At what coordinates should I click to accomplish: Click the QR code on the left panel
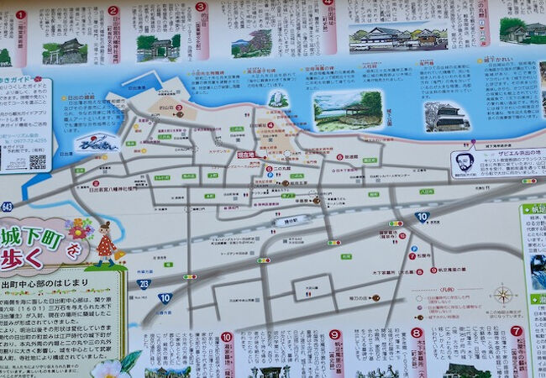tap(37, 161)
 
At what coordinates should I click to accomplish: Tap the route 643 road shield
tap(7, 207)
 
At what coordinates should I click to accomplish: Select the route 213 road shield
tap(144, 284)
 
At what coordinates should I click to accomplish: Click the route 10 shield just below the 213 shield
tap(165, 297)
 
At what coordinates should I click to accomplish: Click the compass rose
tap(502, 295)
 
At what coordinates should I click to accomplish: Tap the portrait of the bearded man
tap(465, 161)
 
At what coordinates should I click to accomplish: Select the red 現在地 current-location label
tap(245, 155)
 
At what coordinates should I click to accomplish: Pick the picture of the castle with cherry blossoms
tap(445, 116)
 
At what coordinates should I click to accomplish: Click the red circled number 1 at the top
tap(20, 14)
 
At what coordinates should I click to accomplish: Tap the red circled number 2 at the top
tap(113, 11)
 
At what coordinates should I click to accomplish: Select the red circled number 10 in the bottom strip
tap(226, 337)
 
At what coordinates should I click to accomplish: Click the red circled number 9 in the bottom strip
tap(334, 334)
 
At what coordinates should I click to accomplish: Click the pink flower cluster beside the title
tap(78, 228)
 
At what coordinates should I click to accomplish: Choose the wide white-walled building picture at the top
tap(398, 36)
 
